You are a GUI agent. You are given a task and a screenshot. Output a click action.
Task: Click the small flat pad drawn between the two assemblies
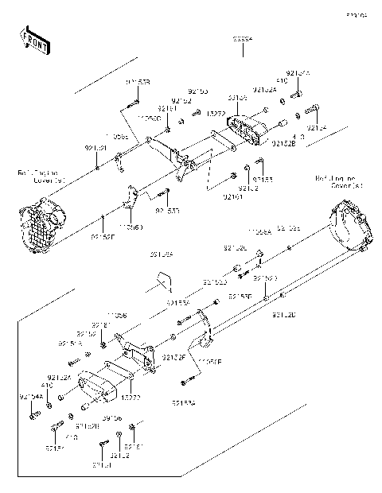[x=163, y=282]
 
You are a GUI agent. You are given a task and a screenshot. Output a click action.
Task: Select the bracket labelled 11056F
[x=205, y=338]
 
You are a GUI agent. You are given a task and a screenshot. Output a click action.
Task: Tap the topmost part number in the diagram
[x=243, y=37]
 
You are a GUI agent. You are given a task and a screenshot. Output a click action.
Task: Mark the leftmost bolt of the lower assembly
[x=33, y=413]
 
